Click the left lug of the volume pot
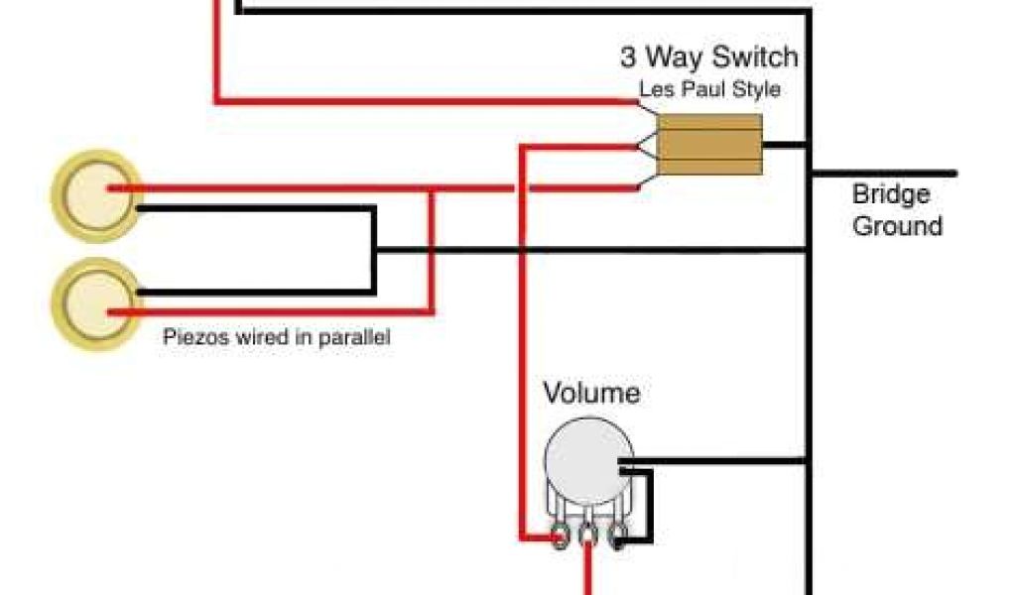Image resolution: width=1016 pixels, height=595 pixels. pos(562,537)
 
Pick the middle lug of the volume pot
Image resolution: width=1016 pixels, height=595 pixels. pos(589,537)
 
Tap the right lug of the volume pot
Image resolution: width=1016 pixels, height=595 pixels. pos(617,537)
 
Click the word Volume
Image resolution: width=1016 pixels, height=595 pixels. pos(591,393)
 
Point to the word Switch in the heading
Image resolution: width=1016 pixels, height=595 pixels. pos(752,57)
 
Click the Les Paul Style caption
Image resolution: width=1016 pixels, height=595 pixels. pos(708,89)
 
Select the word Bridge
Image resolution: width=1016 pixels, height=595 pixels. pos(891,193)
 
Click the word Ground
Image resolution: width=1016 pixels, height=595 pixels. pos(897,226)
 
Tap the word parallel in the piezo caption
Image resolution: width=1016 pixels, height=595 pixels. pos(354,337)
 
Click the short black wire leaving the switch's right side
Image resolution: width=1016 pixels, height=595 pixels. pos(786,145)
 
